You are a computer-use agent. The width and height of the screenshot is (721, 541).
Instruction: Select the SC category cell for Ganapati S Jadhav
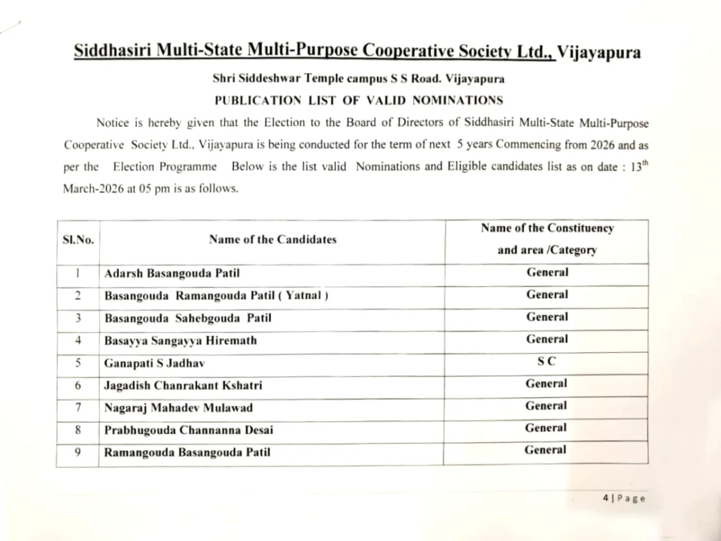click(546, 361)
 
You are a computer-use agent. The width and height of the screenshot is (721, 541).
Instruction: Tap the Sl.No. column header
click(78, 240)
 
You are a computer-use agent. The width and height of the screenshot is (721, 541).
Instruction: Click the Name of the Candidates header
click(272, 240)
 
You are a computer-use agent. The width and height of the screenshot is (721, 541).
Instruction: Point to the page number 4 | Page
click(624, 498)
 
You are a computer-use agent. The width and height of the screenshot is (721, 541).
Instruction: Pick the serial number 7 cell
click(78, 407)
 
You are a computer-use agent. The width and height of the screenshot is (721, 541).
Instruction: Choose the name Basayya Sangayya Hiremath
click(181, 340)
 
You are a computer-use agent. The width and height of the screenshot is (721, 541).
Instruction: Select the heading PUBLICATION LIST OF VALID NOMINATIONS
click(359, 100)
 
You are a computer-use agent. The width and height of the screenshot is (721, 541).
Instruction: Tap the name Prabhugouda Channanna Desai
click(189, 430)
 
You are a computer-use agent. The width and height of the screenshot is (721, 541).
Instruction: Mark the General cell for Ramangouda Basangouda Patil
click(545, 450)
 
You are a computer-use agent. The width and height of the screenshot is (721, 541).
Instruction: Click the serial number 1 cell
click(78, 273)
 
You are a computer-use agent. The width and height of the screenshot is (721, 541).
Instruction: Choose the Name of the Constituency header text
click(547, 228)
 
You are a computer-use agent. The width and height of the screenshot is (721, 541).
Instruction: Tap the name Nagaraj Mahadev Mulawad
click(178, 407)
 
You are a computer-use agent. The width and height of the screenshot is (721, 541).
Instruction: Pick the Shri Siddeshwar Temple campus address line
click(358, 79)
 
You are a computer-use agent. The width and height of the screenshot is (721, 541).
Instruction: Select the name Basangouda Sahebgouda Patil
click(188, 318)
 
